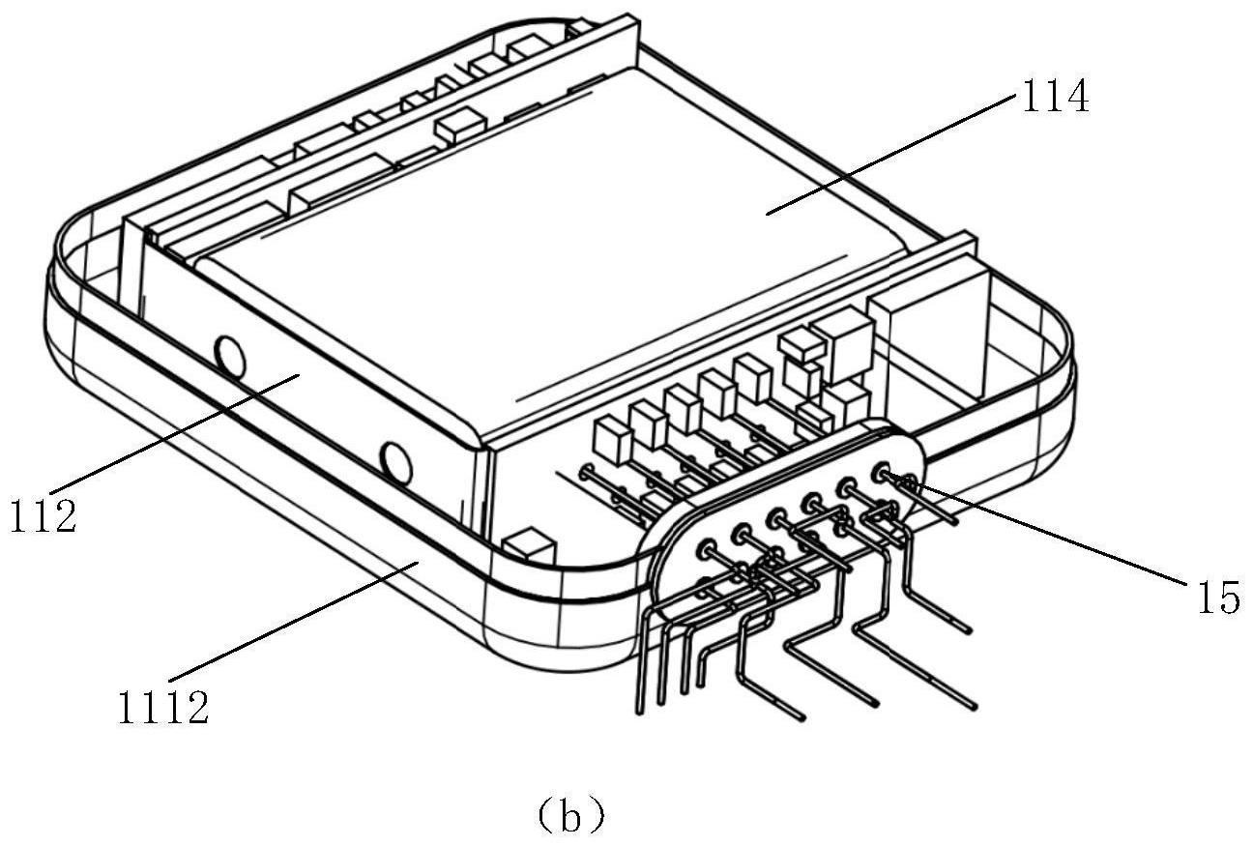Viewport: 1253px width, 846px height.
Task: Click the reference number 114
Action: tap(1051, 98)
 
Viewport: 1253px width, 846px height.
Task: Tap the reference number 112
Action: tap(44, 515)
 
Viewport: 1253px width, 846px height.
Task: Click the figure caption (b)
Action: tap(571, 818)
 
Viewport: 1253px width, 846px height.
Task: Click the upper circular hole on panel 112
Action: tap(230, 358)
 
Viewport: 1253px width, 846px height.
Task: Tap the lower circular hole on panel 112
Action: tap(395, 465)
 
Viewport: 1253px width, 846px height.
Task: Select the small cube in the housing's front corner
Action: tap(528, 547)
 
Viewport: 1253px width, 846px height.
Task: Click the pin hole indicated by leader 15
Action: tap(881, 474)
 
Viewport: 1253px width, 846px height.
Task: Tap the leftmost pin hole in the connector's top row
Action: tap(706, 548)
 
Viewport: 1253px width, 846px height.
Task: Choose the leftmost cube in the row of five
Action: tap(612, 439)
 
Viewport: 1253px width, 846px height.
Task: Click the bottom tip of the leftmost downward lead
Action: tap(639, 713)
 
